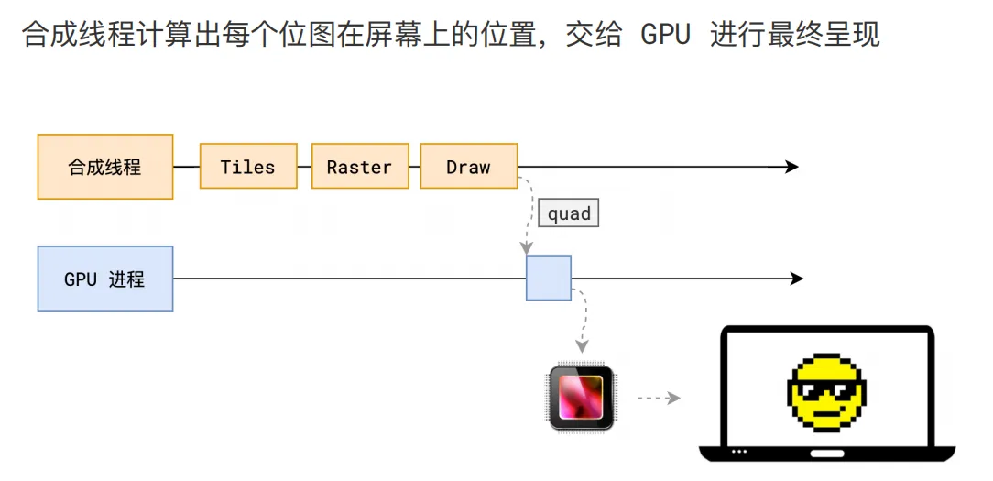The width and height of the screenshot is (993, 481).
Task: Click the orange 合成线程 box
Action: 105,167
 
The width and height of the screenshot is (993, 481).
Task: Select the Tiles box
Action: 248,166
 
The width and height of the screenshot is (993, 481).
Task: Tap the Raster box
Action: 360,166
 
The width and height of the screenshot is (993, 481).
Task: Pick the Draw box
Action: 469,166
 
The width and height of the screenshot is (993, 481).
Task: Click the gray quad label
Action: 569,213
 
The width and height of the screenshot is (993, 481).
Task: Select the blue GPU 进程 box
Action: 105,279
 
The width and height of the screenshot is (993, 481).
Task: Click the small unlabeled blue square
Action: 549,278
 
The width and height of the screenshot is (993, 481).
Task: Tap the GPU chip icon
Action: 581,398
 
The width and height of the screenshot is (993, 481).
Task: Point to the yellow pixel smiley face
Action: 825,393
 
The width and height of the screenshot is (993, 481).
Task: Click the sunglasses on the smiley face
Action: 826,388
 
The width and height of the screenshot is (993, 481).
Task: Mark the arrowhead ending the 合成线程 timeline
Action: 791,167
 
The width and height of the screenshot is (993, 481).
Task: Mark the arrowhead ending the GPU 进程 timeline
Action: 796,279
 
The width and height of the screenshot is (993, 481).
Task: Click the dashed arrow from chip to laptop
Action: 658,398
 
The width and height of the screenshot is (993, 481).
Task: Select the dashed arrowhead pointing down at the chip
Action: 581,347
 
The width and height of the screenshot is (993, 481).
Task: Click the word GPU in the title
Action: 665,36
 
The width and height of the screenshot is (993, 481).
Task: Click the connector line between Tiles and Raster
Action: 305,167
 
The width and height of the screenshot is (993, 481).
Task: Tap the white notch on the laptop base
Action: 826,454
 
